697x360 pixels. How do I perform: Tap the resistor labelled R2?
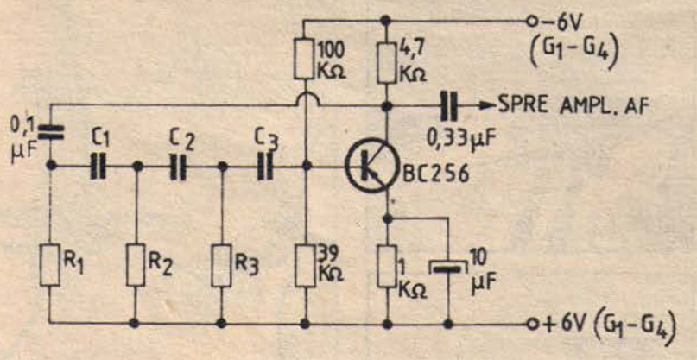(x=136, y=263)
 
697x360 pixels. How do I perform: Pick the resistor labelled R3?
(x=223, y=263)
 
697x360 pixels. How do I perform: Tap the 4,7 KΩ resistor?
(x=387, y=58)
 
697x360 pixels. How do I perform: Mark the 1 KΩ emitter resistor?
(x=387, y=263)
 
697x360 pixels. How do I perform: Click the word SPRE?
(x=522, y=105)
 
